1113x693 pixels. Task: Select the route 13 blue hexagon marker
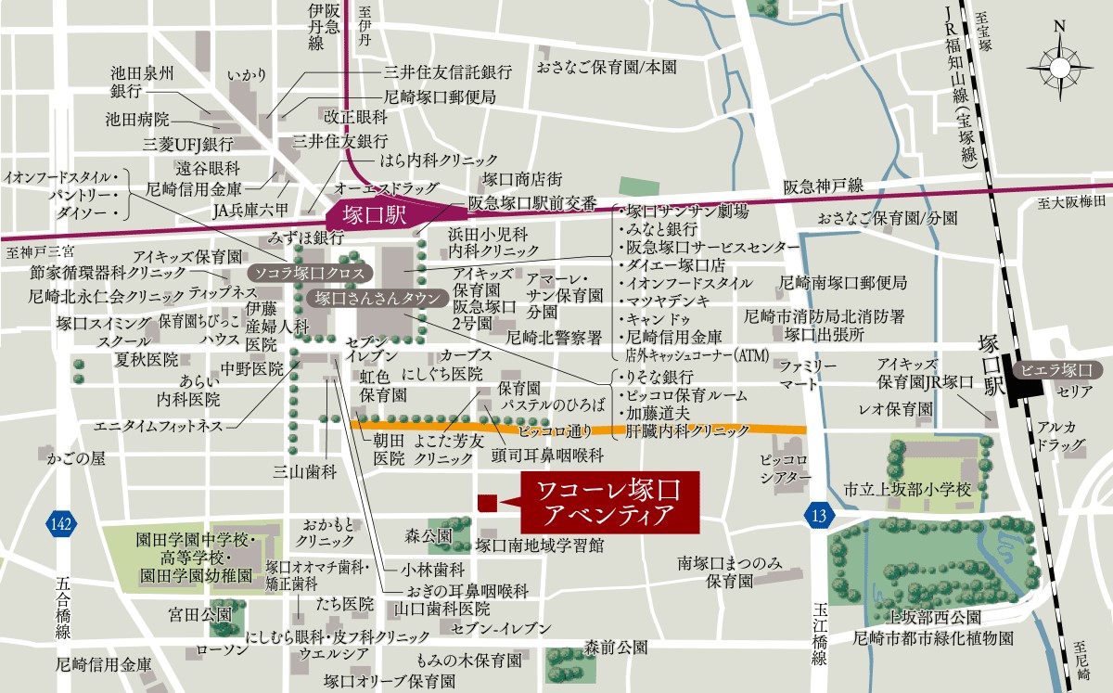tap(816, 516)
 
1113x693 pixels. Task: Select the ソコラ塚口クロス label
tap(311, 274)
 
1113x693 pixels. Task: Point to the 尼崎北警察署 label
tap(555, 339)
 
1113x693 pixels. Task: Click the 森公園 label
tap(428, 537)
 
